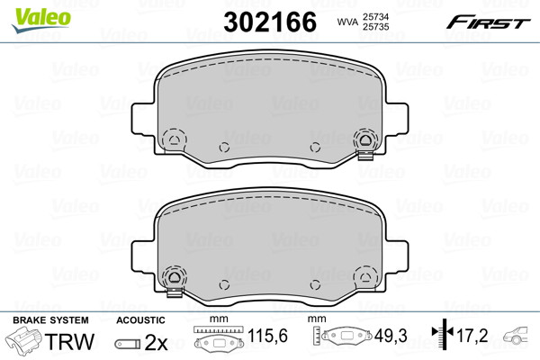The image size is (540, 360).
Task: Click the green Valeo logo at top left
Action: pos(41,20)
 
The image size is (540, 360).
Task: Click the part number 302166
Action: pos(270,22)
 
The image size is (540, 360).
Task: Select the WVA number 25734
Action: pos(375,16)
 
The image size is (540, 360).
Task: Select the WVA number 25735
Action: pos(375,26)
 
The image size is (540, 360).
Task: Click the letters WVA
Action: pos(347,22)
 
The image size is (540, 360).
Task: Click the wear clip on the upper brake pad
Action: pos(365,156)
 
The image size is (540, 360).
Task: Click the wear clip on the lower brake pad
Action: pos(175,292)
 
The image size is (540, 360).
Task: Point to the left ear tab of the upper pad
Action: pos(142,118)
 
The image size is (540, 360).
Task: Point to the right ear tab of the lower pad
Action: pos(397,256)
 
